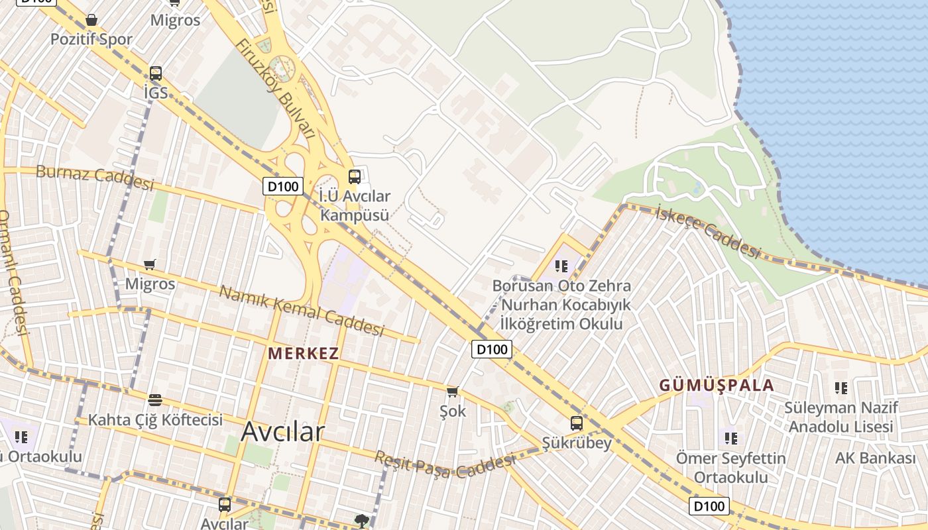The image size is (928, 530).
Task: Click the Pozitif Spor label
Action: [x=91, y=39]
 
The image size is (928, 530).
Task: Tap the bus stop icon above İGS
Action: [x=156, y=74]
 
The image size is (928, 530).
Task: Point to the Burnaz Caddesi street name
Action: [x=94, y=177]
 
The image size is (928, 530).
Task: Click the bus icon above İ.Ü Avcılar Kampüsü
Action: [x=355, y=176]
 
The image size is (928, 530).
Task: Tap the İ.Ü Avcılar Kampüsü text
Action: [x=355, y=205]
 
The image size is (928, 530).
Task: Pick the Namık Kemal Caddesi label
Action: [x=302, y=311]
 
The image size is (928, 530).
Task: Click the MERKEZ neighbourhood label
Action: [x=303, y=354]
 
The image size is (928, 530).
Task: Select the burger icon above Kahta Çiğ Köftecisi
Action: [x=155, y=399]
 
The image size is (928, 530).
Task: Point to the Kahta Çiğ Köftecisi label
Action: [x=155, y=420]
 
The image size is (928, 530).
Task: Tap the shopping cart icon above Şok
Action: [x=453, y=392]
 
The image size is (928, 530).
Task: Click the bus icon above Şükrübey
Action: [x=577, y=423]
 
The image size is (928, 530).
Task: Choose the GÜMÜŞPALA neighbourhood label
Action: [x=717, y=386]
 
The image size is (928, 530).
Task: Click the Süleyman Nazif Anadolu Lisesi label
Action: [x=841, y=417]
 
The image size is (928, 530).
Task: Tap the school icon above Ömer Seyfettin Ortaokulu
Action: [x=731, y=438]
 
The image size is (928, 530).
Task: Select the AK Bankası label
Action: [x=875, y=458]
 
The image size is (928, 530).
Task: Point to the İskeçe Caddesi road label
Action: [x=707, y=232]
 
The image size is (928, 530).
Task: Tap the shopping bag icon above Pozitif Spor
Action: [x=91, y=21]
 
